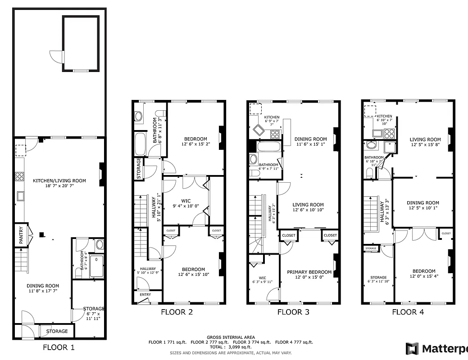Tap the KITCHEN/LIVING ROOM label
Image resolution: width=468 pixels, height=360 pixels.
(x=59, y=181)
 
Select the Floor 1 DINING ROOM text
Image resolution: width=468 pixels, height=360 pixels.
(x=43, y=286)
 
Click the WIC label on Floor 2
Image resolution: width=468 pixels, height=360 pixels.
(x=186, y=201)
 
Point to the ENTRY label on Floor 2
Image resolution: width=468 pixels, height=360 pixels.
(x=145, y=295)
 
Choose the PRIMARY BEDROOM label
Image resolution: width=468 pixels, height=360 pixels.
(x=309, y=272)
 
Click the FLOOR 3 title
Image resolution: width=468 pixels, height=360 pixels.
(x=292, y=312)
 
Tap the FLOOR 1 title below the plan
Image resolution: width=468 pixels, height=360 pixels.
(x=59, y=347)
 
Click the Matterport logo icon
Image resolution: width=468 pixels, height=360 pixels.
(x=412, y=349)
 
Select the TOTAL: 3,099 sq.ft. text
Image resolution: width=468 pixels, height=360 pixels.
(x=231, y=347)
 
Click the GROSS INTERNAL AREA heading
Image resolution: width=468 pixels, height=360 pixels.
(x=231, y=337)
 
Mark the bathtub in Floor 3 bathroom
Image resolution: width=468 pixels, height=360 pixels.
(x=269, y=146)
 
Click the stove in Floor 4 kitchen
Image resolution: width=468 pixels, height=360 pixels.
(x=389, y=133)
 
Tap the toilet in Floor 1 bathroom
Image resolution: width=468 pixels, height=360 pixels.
(x=100, y=245)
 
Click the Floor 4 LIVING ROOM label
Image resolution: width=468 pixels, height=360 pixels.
(x=425, y=139)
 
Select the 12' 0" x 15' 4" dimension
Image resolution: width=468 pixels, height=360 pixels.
(x=424, y=276)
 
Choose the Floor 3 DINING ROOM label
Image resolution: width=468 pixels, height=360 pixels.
(x=310, y=139)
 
